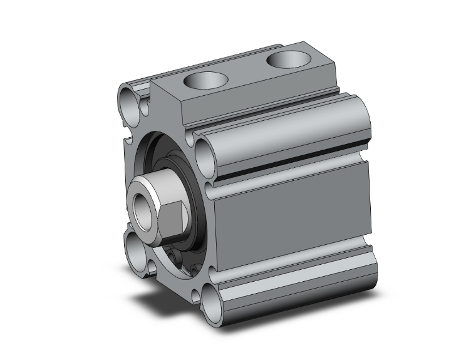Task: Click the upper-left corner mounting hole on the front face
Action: pos(128,100)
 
